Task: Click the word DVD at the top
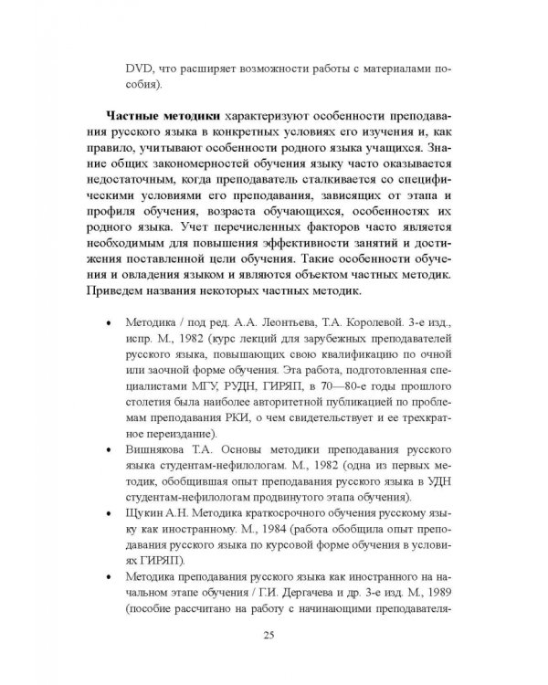tap(141, 69)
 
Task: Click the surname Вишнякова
tap(160, 450)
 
